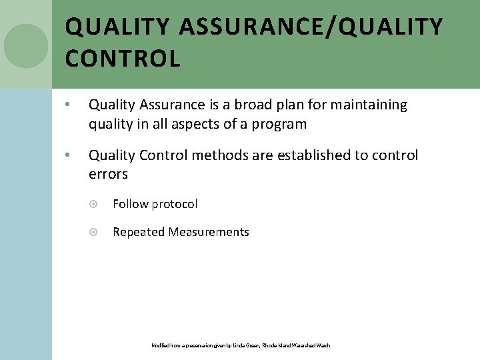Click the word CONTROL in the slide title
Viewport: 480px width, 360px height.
point(123,59)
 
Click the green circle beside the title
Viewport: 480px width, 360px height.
point(26,46)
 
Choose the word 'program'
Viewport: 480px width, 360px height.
point(281,124)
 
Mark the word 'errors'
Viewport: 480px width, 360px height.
point(108,174)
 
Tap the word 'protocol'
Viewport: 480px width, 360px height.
point(174,204)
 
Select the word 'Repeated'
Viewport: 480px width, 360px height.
point(139,232)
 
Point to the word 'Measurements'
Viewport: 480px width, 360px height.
point(209,232)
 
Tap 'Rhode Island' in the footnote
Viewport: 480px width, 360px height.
point(273,345)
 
